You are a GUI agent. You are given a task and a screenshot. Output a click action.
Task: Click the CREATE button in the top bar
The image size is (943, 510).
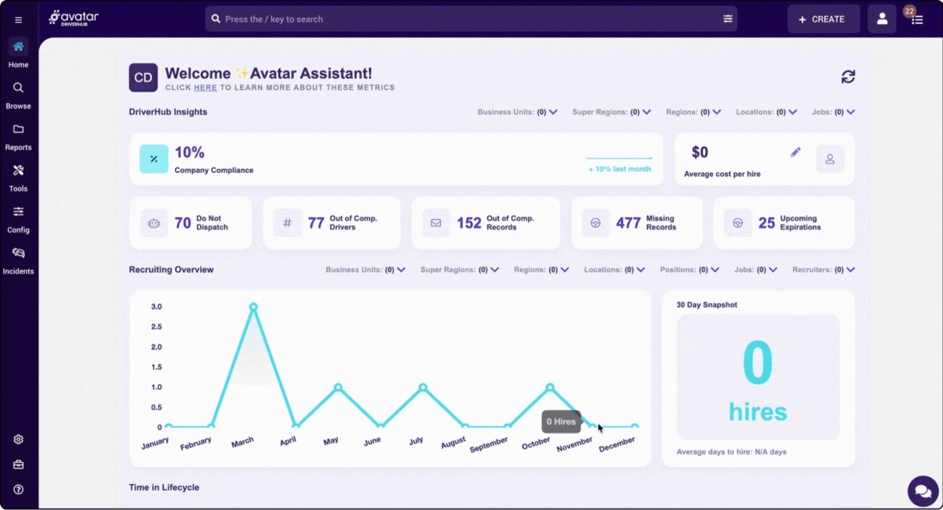pyautogui.click(x=823, y=19)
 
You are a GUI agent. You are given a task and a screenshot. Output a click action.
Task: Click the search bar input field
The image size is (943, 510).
pyautogui.click(x=469, y=19)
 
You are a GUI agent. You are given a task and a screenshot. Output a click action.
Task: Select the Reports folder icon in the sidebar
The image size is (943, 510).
pyautogui.click(x=18, y=130)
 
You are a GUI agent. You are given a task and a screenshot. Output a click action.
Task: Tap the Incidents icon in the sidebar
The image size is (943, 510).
pyautogui.click(x=18, y=253)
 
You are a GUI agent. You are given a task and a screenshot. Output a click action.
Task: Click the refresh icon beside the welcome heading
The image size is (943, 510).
pyautogui.click(x=848, y=77)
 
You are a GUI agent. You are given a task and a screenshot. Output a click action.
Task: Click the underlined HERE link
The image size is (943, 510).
pyautogui.click(x=205, y=88)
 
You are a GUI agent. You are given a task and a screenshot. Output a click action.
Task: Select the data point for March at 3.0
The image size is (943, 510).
pyautogui.click(x=253, y=307)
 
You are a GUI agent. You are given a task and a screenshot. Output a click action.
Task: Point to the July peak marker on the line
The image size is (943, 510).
pyautogui.click(x=423, y=387)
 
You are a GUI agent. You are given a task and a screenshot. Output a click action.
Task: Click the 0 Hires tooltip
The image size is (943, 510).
pyautogui.click(x=561, y=422)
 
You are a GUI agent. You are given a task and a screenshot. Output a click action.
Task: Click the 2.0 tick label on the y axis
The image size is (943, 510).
pyautogui.click(x=156, y=347)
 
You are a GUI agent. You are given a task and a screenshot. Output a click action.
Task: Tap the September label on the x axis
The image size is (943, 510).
pyautogui.click(x=489, y=444)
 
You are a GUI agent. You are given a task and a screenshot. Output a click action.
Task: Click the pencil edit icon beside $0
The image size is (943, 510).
pyautogui.click(x=795, y=153)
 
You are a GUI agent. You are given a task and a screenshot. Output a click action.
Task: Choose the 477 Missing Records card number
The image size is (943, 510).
pyautogui.click(x=628, y=223)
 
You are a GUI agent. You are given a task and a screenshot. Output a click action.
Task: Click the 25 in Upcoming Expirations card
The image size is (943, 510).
pyautogui.click(x=766, y=223)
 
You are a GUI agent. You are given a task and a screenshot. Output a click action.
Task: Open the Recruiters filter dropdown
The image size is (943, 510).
pyautogui.click(x=823, y=270)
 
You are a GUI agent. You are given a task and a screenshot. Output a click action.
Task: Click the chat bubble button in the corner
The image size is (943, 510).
pyautogui.click(x=923, y=491)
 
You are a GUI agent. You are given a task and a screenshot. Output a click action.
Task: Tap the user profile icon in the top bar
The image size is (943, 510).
pyautogui.click(x=881, y=19)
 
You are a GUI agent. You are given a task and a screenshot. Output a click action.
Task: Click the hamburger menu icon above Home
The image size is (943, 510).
pyautogui.click(x=19, y=20)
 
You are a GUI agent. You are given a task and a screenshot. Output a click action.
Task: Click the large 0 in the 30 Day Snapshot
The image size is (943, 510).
pyautogui.click(x=757, y=362)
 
